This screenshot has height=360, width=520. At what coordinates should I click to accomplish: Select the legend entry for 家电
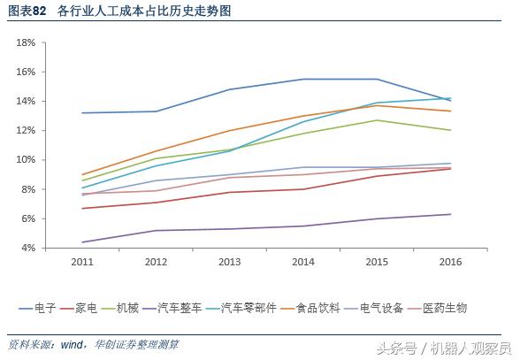click(96, 308)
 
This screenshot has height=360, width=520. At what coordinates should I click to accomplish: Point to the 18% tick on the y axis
click(26, 42)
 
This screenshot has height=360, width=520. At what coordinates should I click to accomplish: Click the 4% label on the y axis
click(28, 248)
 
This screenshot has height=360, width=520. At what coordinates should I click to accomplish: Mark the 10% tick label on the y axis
click(26, 160)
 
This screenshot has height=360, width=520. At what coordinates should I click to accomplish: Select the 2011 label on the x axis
click(82, 262)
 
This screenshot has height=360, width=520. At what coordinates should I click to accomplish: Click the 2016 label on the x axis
click(451, 262)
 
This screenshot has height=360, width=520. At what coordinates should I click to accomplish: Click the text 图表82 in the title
click(27, 11)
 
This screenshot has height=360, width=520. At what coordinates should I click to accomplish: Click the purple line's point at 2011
click(82, 242)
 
